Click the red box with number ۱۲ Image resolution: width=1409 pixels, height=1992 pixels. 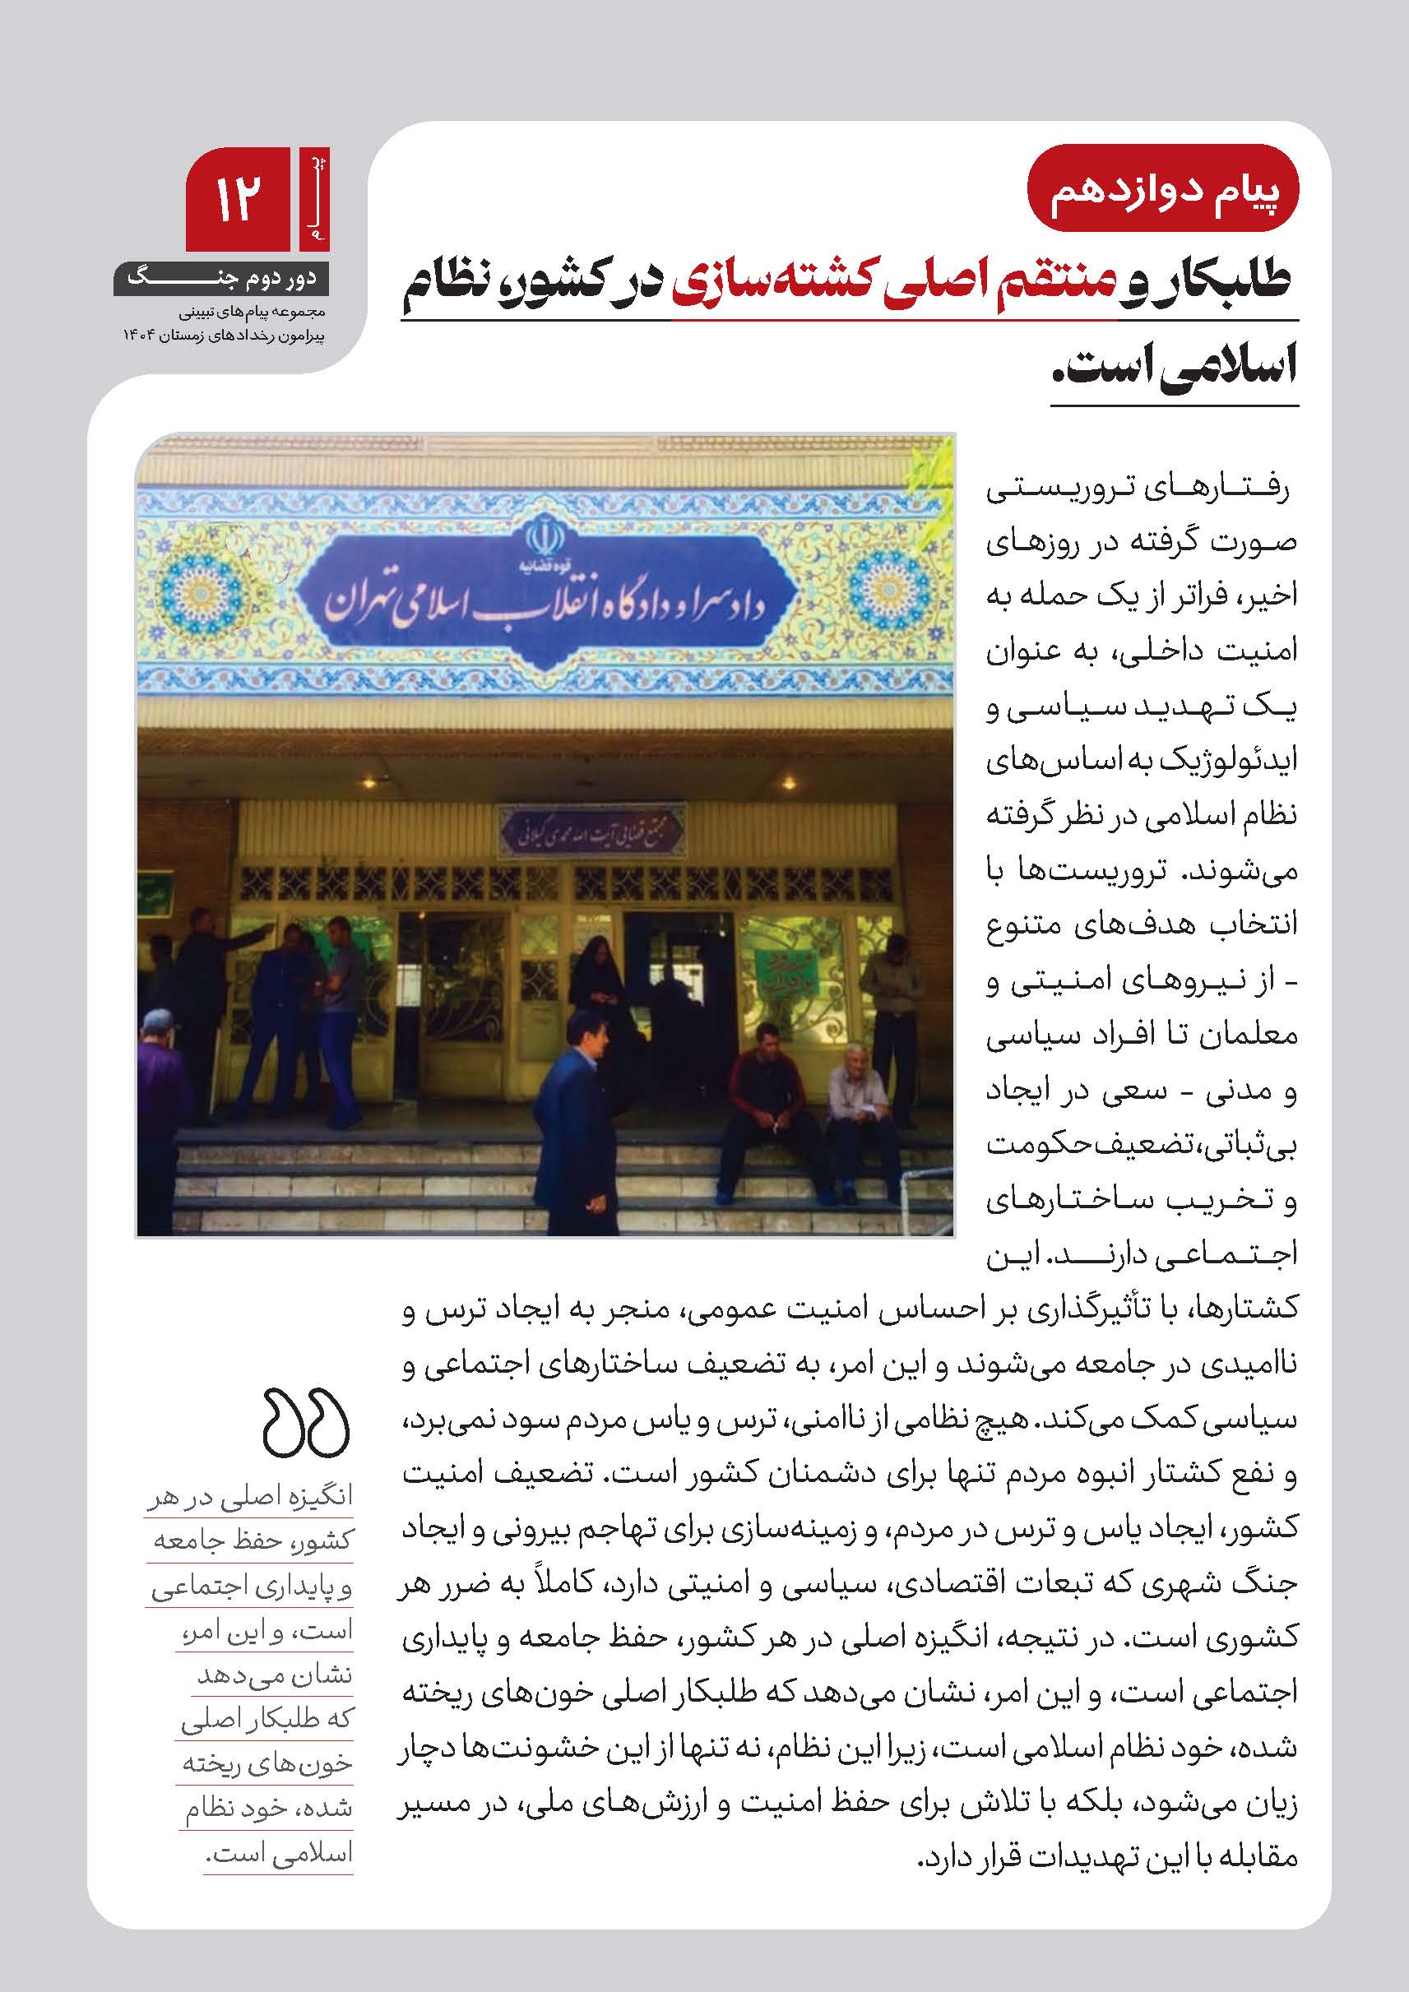(x=238, y=199)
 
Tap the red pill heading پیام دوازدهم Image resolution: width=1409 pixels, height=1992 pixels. (x=1162, y=194)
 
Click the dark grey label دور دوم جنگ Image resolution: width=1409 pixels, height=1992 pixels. (x=221, y=279)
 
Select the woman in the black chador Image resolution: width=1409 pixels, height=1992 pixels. (x=600, y=971)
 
